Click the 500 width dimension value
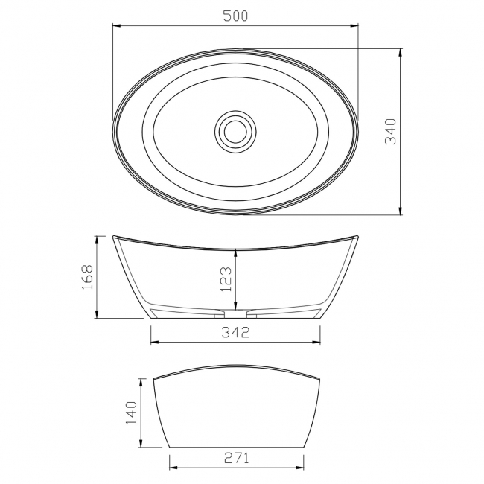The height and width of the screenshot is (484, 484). tap(235, 16)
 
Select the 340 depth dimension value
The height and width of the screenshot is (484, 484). tap(392, 133)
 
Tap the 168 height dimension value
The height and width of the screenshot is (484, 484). tap(87, 277)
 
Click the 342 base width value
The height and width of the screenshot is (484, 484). tap(236, 332)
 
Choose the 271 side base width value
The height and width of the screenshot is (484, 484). tap(235, 458)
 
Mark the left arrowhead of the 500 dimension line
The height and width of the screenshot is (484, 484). tap(115, 25)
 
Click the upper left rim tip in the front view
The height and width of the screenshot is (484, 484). tap(114, 237)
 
